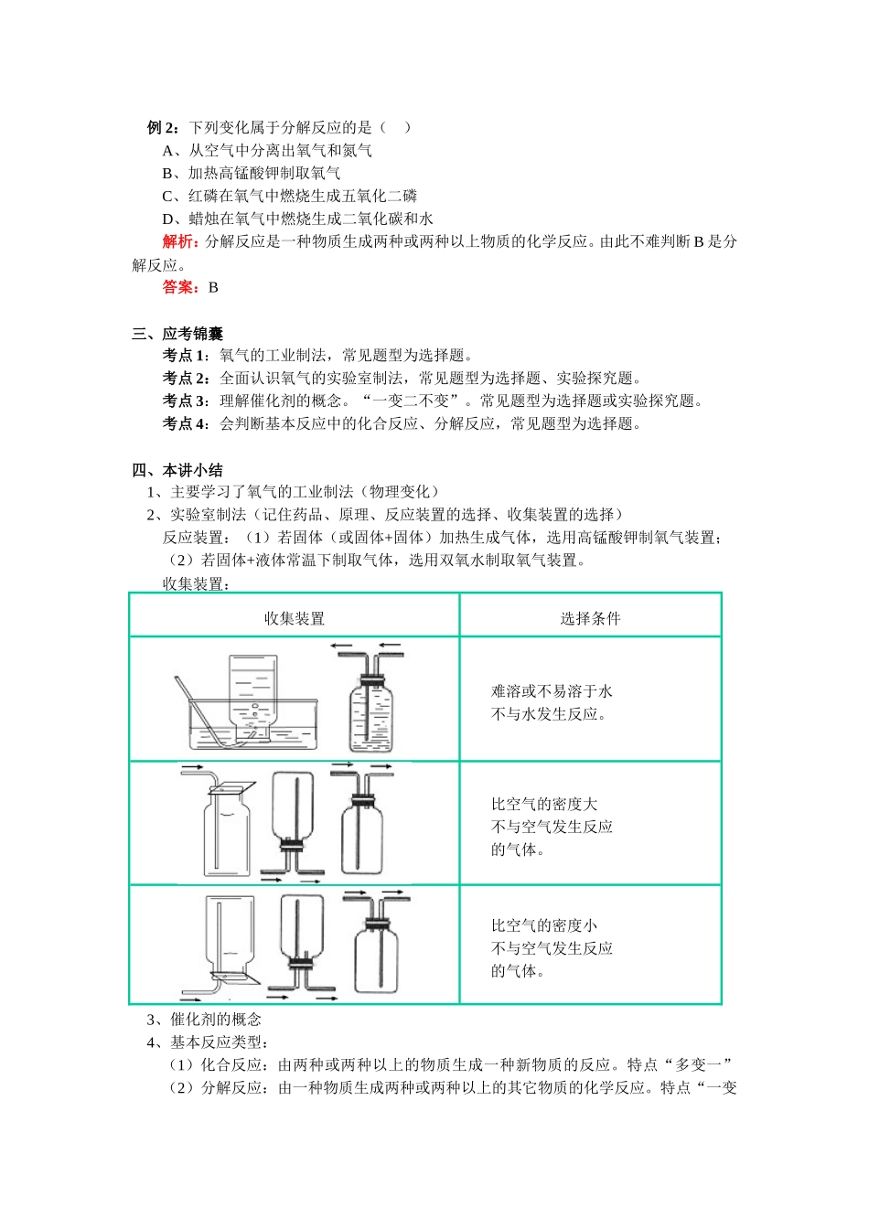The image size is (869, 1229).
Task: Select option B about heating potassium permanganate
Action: [x=252, y=173]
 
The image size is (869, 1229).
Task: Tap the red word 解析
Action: [x=180, y=241]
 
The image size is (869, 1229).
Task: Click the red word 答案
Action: [x=181, y=287]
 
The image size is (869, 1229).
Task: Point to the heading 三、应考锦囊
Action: [x=177, y=334]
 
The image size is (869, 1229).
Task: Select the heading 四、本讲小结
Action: [x=177, y=470]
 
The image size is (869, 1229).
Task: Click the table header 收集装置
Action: [x=295, y=618]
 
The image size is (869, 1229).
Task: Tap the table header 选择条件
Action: [x=590, y=618]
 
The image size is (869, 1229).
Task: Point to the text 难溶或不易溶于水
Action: [x=552, y=691]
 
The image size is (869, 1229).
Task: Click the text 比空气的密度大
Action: [x=544, y=804]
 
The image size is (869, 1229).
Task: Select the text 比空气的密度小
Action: [x=544, y=925]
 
